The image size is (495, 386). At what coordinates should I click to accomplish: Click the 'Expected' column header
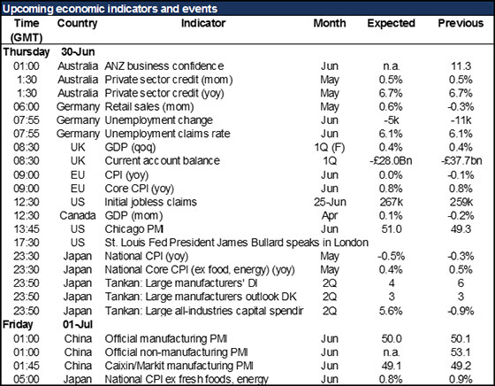[x=391, y=23]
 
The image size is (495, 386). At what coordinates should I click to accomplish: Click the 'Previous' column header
[x=461, y=23]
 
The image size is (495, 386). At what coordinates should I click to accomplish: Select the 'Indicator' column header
[x=203, y=23]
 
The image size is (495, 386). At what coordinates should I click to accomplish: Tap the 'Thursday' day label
[x=27, y=52]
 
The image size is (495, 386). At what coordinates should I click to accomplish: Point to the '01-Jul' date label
[x=78, y=324]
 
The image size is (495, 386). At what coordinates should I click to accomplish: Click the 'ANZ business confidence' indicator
[x=164, y=66]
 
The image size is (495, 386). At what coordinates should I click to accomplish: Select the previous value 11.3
[x=461, y=66]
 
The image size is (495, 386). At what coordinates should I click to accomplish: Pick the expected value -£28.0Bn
[x=391, y=160]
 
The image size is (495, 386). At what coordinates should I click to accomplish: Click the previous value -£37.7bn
[x=461, y=160]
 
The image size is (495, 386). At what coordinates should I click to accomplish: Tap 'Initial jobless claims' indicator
[x=151, y=202]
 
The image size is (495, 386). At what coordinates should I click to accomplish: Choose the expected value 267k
[x=391, y=202]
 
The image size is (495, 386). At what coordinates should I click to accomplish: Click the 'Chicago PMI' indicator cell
[x=134, y=229]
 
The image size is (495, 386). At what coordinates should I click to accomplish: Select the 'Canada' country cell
[x=78, y=215]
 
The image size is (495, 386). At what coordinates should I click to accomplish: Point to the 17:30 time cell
[x=27, y=243]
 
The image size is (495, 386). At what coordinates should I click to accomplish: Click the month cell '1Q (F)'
[x=329, y=147]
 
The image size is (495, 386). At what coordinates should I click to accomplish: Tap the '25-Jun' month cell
[x=330, y=202]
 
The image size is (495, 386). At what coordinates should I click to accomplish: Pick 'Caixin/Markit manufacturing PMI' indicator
[x=179, y=366]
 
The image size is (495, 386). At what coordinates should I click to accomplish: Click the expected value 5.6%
[x=391, y=311]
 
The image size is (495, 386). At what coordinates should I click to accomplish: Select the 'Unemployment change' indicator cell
[x=158, y=120]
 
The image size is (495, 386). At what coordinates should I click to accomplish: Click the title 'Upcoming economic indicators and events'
[x=110, y=9]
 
